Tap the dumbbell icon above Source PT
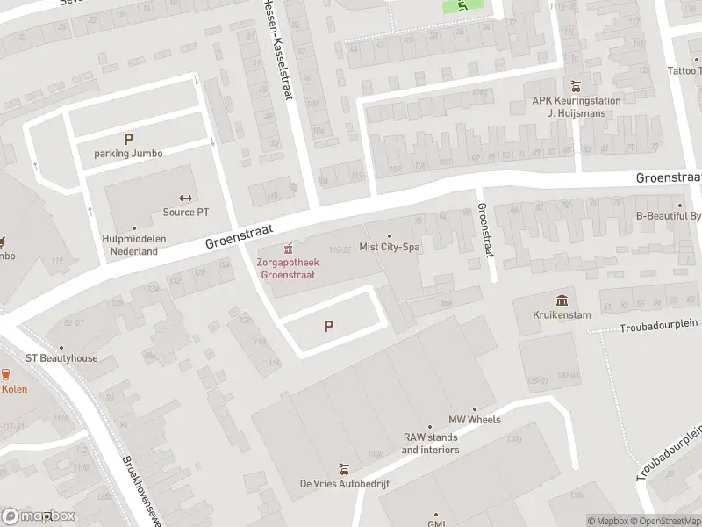185,198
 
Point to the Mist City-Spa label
390,248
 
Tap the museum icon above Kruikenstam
562,300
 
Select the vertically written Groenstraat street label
484,231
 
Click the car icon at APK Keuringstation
576,86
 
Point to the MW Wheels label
475,420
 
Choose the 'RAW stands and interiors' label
430,444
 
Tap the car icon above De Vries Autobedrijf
343,469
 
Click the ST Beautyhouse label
61,358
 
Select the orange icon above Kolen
5,374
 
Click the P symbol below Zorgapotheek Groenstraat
329,326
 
